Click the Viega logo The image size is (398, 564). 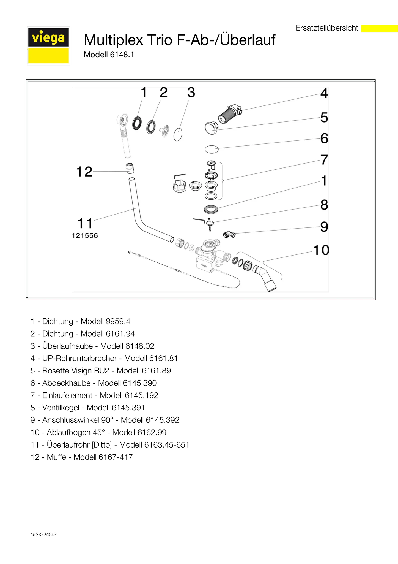click(x=48, y=46)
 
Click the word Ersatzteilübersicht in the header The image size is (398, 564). click(x=327, y=28)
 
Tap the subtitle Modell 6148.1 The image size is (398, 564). click(x=109, y=55)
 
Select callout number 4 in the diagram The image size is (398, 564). click(x=324, y=93)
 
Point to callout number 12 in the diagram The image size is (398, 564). click(x=84, y=172)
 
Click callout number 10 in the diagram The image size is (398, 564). click(x=321, y=250)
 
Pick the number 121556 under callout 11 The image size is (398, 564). click(x=85, y=236)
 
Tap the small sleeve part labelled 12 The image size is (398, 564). click(x=130, y=168)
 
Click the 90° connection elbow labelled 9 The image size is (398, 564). click(x=229, y=234)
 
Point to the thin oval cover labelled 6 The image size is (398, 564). click(x=212, y=149)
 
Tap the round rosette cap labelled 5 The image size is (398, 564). click(x=211, y=128)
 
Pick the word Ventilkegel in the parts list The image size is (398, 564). click(x=61, y=408)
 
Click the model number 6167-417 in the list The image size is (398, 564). click(x=116, y=457)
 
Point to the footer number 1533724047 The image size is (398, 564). click(x=43, y=535)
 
